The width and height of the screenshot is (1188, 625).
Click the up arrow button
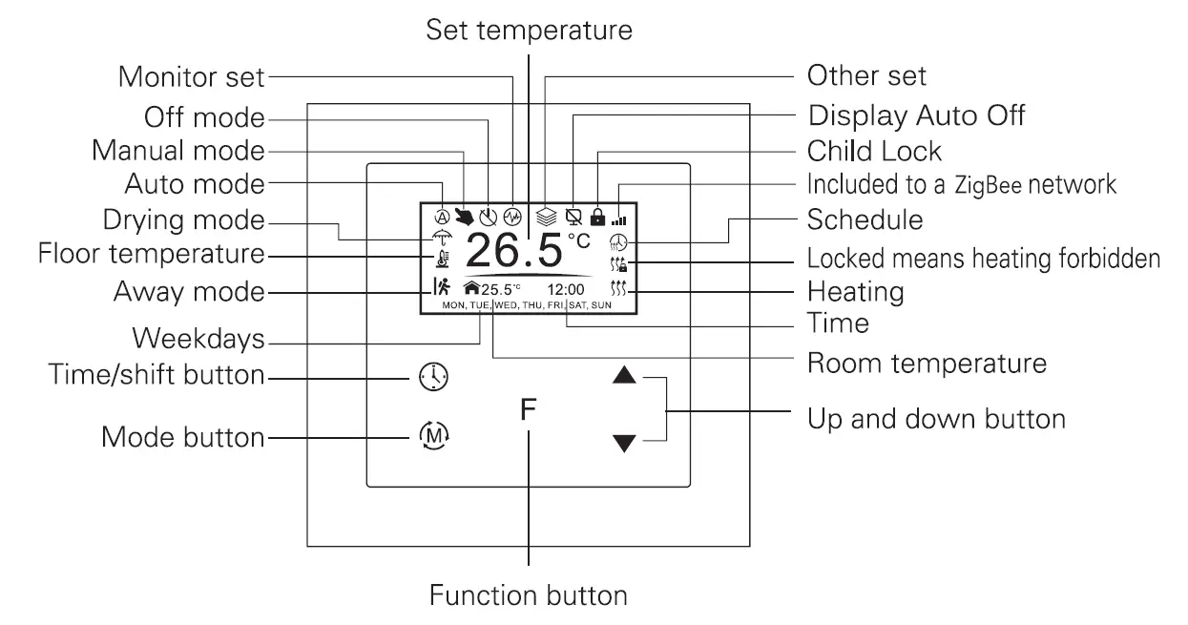coord(624,376)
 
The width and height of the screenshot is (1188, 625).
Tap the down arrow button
coord(624,442)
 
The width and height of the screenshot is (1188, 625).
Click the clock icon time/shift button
coord(433,377)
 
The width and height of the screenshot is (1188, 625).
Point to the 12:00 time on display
coord(565,289)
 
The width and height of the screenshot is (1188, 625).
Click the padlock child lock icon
coord(598,217)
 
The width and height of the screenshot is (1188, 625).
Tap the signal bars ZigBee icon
coord(621,218)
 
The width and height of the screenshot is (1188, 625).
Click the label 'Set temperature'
coord(528,30)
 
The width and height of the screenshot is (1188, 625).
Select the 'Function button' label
coord(528,596)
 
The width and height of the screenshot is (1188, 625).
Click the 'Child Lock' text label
coord(874,151)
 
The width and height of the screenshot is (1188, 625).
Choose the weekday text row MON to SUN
coord(527,305)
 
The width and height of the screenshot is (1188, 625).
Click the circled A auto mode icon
coord(442,217)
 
